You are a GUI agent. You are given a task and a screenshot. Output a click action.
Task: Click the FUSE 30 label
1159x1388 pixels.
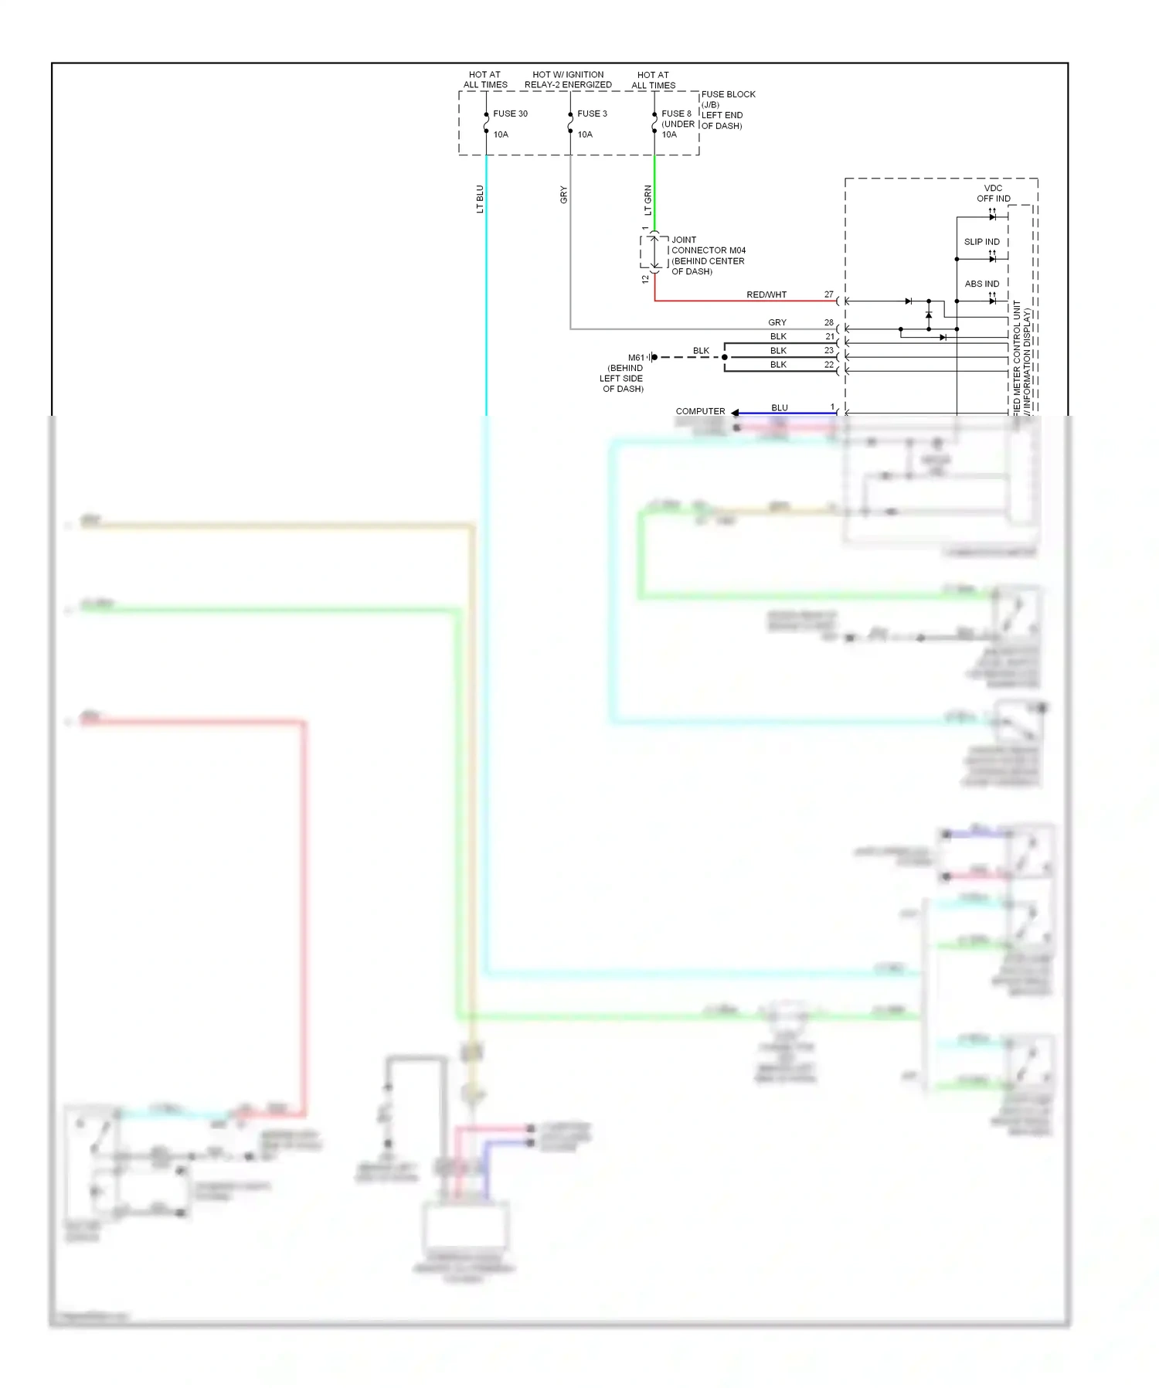(510, 114)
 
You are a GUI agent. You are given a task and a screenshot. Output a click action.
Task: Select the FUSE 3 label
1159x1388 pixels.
(592, 114)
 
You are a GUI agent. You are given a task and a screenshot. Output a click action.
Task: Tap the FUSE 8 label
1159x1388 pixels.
(676, 114)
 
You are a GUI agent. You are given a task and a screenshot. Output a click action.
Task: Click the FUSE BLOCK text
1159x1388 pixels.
(728, 94)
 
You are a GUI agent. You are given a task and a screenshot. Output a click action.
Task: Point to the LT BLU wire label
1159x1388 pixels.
(480, 199)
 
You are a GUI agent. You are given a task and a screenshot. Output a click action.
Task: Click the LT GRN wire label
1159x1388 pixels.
(647, 200)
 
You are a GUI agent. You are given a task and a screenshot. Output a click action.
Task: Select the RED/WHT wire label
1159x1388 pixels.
(766, 294)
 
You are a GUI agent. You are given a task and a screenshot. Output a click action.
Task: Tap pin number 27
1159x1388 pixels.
(828, 294)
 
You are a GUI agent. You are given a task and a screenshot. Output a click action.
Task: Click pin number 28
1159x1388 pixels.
(828, 322)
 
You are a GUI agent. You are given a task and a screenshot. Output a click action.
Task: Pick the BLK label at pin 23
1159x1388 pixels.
(778, 351)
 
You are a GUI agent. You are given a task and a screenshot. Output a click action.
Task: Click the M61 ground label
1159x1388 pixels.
(636, 358)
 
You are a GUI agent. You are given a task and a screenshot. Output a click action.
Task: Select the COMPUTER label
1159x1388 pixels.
(700, 411)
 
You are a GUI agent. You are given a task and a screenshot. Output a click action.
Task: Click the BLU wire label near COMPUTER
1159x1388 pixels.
(779, 407)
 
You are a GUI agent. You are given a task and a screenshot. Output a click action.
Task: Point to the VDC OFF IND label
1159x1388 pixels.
(993, 193)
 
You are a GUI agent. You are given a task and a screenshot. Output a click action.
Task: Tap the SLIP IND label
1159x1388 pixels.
(981, 242)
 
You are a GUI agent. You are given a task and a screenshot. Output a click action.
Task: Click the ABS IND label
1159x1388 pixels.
(981, 284)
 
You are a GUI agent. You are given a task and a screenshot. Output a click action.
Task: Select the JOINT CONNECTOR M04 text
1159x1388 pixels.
(708, 250)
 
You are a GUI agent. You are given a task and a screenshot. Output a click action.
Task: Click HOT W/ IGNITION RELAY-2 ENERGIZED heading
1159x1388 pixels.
(568, 80)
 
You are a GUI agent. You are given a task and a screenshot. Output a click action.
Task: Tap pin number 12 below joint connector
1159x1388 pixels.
(645, 279)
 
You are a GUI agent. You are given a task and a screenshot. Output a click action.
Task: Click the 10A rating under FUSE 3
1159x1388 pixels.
(585, 134)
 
